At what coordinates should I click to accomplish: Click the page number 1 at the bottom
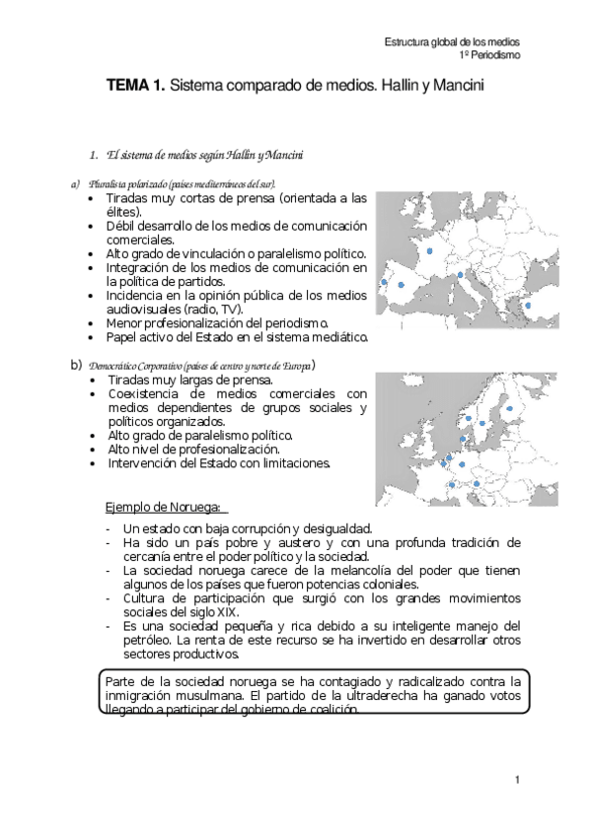pyautogui.click(x=516, y=780)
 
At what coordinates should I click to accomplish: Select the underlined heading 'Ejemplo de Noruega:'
pyautogui.click(x=164, y=508)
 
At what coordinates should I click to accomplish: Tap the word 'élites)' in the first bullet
pyautogui.click(x=124, y=211)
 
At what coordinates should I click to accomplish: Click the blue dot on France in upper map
pyautogui.click(x=429, y=251)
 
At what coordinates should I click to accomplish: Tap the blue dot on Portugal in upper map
pyautogui.click(x=383, y=282)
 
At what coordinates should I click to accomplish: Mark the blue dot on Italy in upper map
pyautogui.click(x=460, y=275)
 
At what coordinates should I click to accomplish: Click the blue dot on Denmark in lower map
pyautogui.click(x=462, y=439)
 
